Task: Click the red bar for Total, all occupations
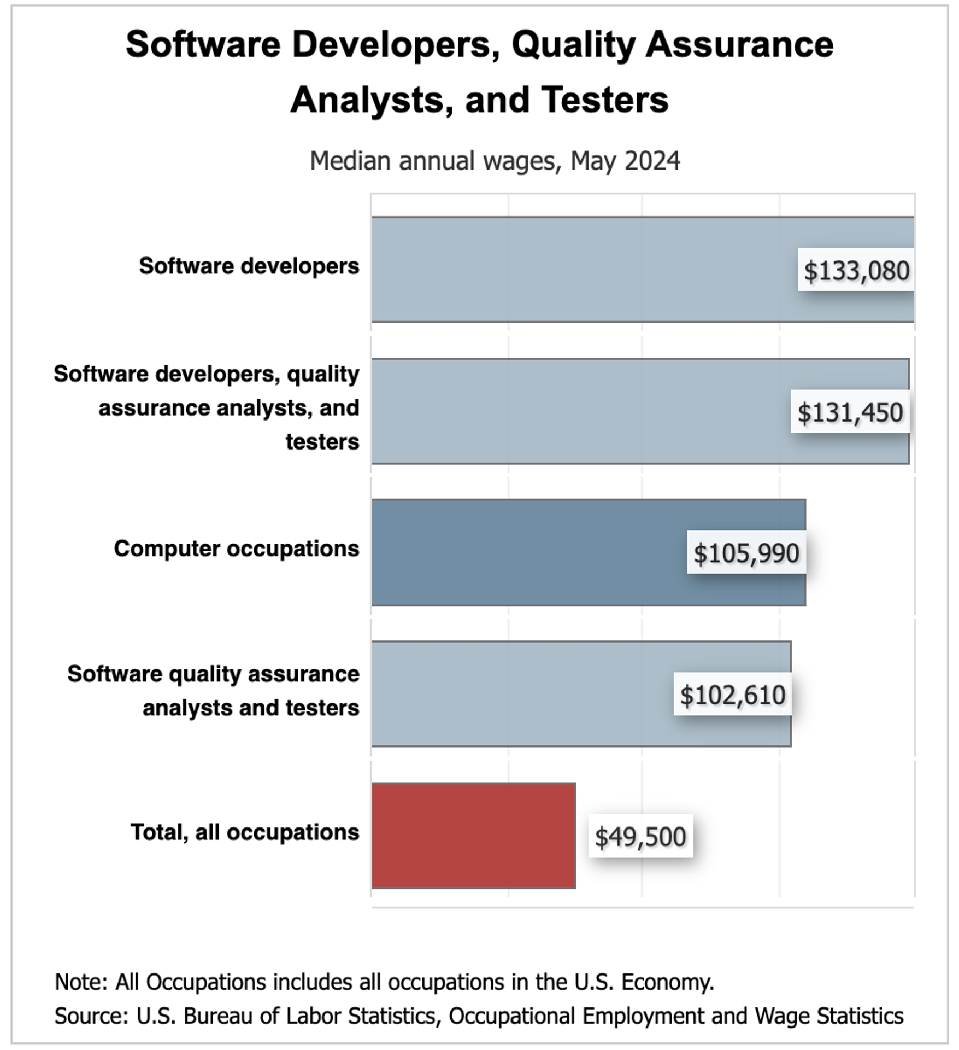click(473, 835)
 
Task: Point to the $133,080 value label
click(856, 270)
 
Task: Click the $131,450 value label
click(850, 412)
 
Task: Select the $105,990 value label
click(746, 553)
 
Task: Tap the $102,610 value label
click(733, 695)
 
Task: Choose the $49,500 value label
click(640, 836)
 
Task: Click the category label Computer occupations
click(237, 549)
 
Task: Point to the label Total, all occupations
click(245, 832)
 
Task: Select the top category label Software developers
click(249, 266)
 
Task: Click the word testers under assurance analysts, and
click(322, 441)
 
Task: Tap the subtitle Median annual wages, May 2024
click(495, 161)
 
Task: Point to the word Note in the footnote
click(81, 982)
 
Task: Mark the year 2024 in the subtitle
click(652, 161)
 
